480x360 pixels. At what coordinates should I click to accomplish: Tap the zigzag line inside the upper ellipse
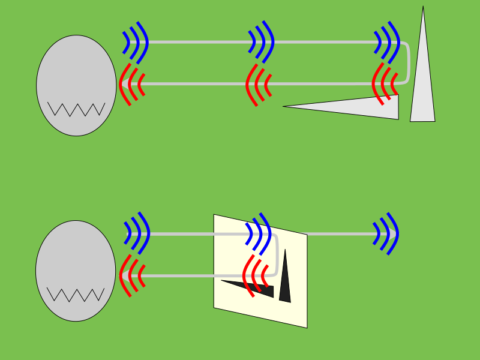[x=76, y=109]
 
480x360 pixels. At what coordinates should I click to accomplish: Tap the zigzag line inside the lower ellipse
[x=76, y=295]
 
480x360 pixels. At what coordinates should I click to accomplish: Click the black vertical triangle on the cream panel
[x=285, y=282]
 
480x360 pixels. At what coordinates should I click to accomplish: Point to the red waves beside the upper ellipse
[x=131, y=83]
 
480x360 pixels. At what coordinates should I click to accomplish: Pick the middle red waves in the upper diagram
[x=259, y=83]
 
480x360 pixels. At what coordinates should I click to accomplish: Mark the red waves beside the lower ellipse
[x=131, y=275]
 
